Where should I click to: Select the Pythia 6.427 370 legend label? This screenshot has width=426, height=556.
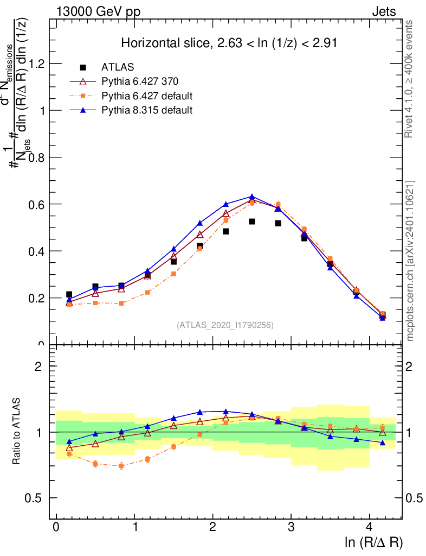click(x=140, y=81)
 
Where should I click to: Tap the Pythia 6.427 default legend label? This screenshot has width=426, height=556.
click(x=147, y=96)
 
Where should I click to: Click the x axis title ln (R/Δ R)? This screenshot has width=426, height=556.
click(x=374, y=542)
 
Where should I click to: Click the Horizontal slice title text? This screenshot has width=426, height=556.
click(x=229, y=43)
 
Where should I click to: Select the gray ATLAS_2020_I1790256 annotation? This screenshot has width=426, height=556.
click(x=225, y=325)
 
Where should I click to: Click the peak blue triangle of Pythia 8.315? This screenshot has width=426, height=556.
click(x=252, y=197)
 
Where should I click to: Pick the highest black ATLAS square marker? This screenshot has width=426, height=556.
click(x=252, y=222)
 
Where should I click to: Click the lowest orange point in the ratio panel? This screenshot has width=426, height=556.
click(x=121, y=466)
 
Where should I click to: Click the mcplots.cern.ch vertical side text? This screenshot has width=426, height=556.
click(x=410, y=261)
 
